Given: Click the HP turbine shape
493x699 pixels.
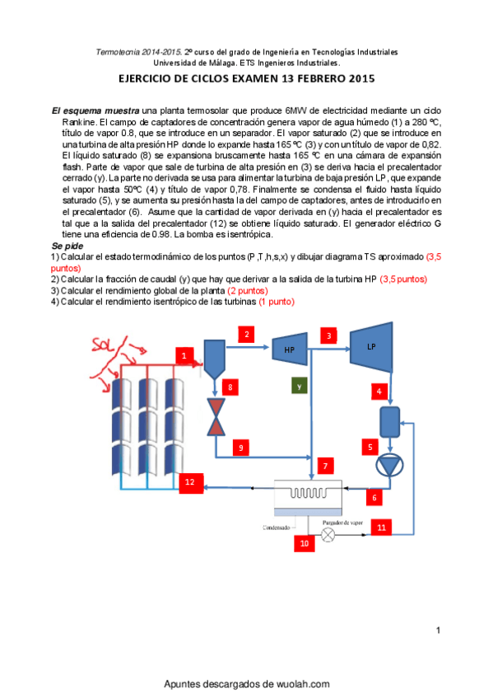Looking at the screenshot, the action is (x=290, y=349).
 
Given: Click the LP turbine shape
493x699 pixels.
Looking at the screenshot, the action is (x=371, y=347).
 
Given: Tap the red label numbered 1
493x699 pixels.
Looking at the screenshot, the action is (x=184, y=355).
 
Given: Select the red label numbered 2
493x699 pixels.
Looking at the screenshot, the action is (x=247, y=335).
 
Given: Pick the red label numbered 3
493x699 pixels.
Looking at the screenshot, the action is (x=329, y=335).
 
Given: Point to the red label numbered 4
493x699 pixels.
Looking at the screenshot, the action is (x=379, y=392).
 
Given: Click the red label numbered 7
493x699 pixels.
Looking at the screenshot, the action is (x=325, y=466).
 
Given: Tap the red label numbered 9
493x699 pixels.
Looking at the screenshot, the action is (x=240, y=448).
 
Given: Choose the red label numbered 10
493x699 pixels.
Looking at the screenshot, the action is (x=305, y=543).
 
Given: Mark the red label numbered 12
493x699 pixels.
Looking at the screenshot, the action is (x=190, y=482).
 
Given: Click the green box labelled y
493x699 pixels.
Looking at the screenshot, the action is (x=300, y=386).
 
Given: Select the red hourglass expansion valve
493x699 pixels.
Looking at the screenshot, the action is (x=216, y=417).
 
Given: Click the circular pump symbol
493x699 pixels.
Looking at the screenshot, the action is (x=389, y=466).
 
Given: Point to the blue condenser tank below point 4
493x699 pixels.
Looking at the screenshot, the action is (x=390, y=422).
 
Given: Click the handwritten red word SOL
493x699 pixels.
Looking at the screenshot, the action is (x=103, y=345).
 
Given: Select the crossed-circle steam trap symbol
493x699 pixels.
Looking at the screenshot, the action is (x=328, y=534).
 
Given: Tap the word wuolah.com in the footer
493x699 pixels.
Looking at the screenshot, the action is (x=303, y=684).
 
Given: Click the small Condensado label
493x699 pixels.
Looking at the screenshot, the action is (x=277, y=528).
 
